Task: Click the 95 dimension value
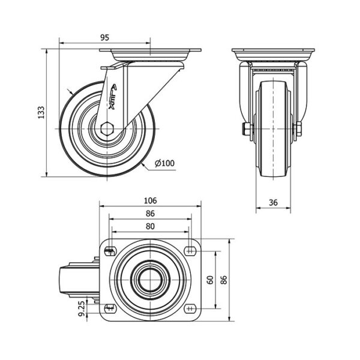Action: [104, 37]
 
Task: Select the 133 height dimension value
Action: [41, 112]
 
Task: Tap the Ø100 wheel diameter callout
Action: [164, 163]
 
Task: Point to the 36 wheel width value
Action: [273, 203]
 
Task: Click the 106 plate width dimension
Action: [150, 200]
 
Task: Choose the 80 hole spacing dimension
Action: [150, 226]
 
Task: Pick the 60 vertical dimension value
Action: [211, 280]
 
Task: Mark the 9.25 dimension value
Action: [82, 309]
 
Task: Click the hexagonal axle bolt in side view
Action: [107, 129]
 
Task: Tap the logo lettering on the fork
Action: [112, 97]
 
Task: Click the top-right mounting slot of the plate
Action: [190, 250]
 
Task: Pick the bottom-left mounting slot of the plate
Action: [110, 308]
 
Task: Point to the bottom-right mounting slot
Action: [190, 308]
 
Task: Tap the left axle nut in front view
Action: [247, 129]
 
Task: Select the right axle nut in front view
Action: [298, 129]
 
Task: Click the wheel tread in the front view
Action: [273, 129]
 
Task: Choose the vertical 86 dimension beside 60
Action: [224, 280]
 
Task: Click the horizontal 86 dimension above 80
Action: [150, 214]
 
